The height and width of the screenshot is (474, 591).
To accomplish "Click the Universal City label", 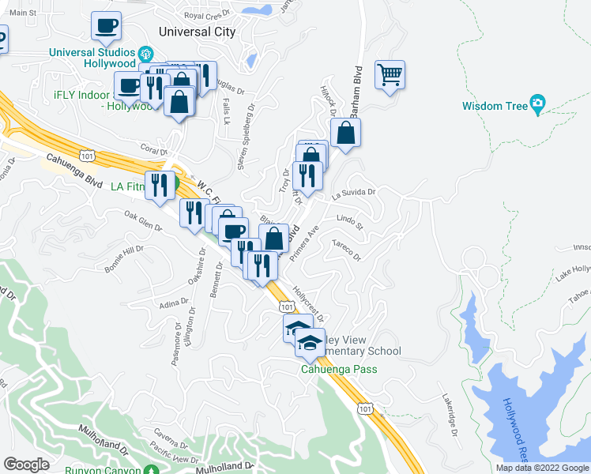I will (x=197, y=32).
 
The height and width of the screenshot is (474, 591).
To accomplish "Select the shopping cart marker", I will (x=390, y=76).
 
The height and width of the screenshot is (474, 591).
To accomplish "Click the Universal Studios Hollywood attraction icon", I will (x=145, y=54).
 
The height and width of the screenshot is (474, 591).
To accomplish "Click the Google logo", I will (x=26, y=465).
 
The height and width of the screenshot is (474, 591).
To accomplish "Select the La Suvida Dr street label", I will (x=352, y=192).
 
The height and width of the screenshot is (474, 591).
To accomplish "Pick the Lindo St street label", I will (x=348, y=222).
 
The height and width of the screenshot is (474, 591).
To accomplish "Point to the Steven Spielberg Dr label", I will (x=246, y=140).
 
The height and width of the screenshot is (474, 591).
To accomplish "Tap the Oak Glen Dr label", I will (x=142, y=220).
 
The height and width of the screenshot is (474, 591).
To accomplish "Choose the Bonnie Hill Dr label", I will (x=124, y=258).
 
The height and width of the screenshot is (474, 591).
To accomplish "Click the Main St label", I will (x=23, y=13).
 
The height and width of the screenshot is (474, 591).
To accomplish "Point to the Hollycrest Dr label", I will (x=308, y=303).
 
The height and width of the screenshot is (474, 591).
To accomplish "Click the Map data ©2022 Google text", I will (x=542, y=468).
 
